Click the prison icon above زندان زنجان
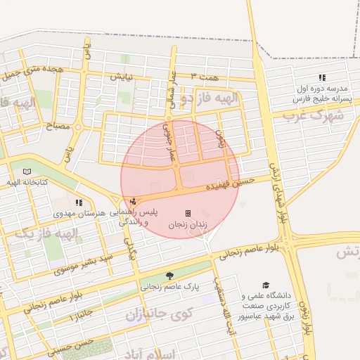(188, 213)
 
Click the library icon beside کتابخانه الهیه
(27, 172)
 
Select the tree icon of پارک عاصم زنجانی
(169, 276)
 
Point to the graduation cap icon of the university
(266, 285)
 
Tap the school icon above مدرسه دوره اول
(322, 77)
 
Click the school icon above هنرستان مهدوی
(78, 202)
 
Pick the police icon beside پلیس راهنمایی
(134, 202)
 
